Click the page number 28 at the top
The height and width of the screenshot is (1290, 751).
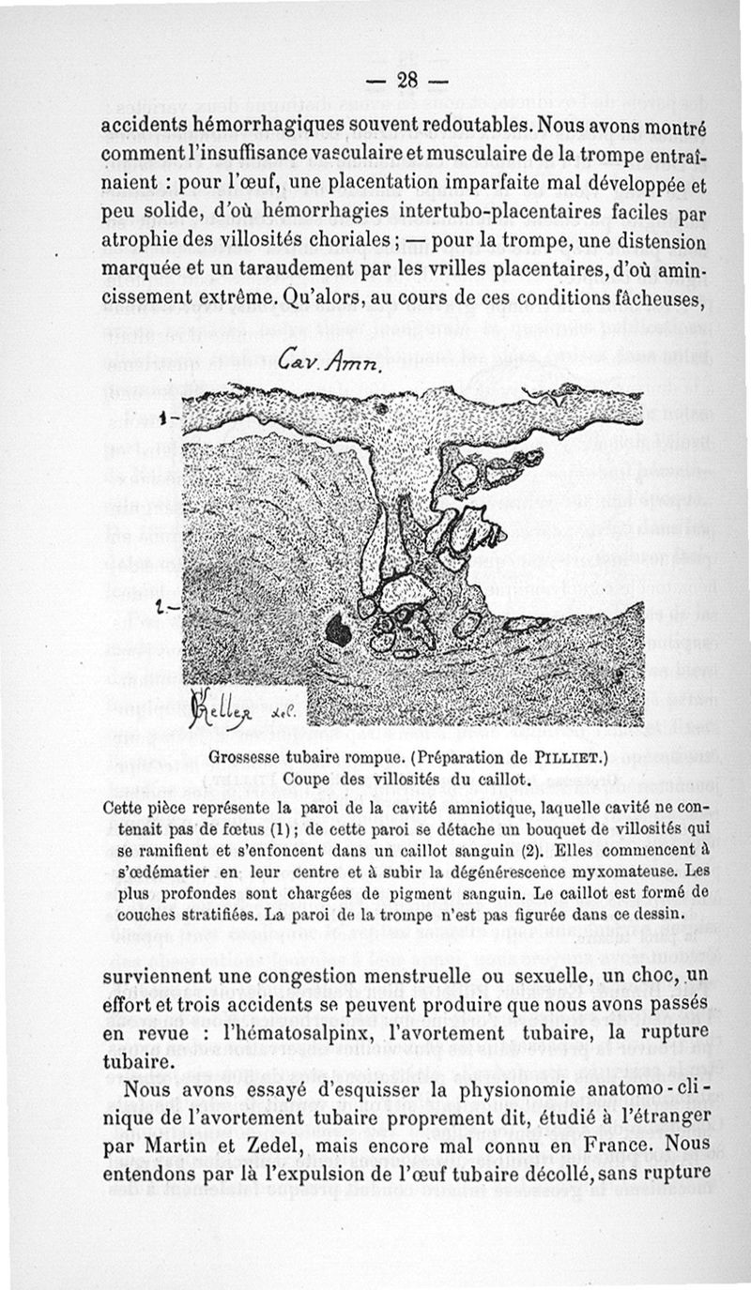click(x=406, y=81)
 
